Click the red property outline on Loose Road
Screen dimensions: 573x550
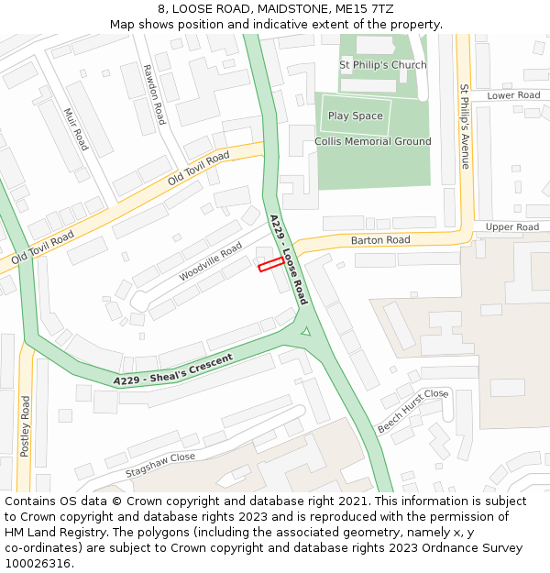270,265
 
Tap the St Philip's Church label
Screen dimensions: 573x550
382,65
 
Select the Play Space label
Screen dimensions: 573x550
355,116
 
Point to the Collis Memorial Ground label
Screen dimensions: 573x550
372,141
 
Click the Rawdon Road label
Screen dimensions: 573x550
153,94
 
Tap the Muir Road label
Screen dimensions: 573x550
76,127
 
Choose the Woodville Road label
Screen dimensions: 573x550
211,261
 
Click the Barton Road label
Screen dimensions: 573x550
379,240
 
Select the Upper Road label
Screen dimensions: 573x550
512,226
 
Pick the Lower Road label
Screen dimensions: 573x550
513,95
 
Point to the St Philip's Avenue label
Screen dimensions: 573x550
465,126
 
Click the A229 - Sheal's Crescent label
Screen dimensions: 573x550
173,369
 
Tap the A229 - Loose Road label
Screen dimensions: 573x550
288,259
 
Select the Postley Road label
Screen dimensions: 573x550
26,425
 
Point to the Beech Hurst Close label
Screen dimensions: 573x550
412,410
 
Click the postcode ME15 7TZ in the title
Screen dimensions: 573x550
369,8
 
